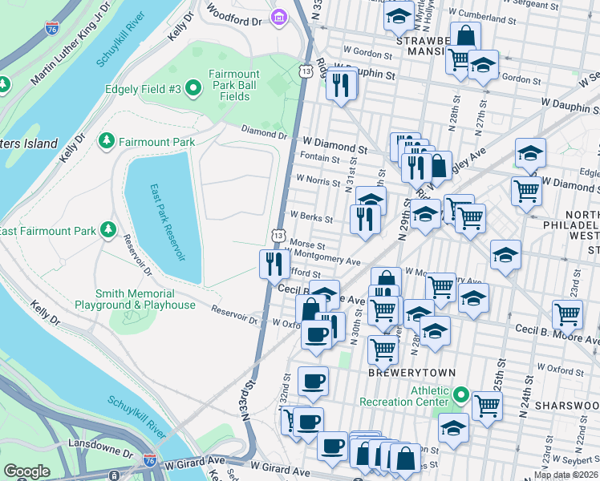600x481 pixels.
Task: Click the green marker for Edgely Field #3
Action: [193, 88]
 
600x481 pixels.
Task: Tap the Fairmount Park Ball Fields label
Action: [233, 85]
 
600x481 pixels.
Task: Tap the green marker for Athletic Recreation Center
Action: [461, 395]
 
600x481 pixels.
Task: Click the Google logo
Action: [26, 471]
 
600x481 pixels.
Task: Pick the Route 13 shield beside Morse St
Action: [278, 236]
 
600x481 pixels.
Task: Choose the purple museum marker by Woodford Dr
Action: [279, 17]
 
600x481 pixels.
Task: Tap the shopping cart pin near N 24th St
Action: [567, 314]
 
